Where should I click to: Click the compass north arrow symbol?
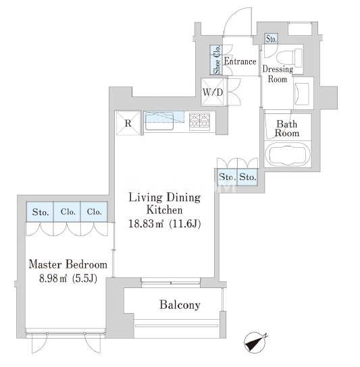click(x=255, y=343)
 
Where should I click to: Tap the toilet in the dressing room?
click(x=289, y=57)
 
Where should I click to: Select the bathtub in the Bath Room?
click(x=288, y=154)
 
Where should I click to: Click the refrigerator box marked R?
click(x=128, y=123)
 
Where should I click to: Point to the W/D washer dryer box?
click(x=213, y=92)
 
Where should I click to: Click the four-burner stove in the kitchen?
click(x=199, y=120)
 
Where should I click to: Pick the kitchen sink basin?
click(x=159, y=121)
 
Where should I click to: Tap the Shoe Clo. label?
click(x=217, y=59)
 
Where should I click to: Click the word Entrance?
click(x=240, y=61)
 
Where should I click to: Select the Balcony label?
click(x=180, y=305)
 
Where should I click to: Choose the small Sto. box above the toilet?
click(x=272, y=39)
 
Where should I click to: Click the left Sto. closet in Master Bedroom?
click(x=40, y=212)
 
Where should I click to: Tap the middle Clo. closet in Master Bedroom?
click(x=68, y=212)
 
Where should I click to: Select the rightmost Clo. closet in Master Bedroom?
click(x=94, y=212)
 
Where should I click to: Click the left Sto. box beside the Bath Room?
click(x=228, y=177)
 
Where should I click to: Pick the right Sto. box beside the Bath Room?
click(x=247, y=177)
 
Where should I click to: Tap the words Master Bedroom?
click(x=68, y=264)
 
